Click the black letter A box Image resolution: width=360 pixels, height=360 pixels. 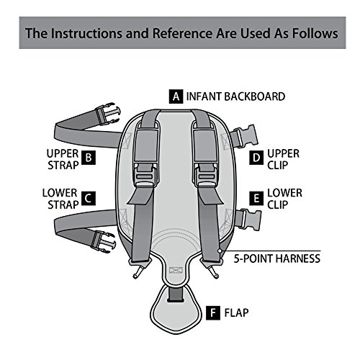click(176, 96)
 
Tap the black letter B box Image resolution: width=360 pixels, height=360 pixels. click(89, 158)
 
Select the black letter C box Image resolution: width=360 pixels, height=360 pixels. click(89, 199)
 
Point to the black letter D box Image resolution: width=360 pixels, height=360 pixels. click(256, 158)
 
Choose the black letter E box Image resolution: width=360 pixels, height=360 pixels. click(256, 199)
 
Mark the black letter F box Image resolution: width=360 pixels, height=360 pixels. click(213, 312)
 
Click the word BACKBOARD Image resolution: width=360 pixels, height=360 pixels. click(254, 96)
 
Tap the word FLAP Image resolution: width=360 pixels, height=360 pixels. click(236, 312)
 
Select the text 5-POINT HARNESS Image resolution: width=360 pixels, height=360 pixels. click(277, 258)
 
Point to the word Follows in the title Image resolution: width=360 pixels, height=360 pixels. click(315, 33)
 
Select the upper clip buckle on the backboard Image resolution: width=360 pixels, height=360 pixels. click(245, 137)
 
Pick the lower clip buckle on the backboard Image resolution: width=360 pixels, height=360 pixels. click(251, 220)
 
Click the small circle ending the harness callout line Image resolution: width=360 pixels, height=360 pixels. click(220, 251)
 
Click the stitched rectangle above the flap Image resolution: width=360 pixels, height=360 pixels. click(176, 270)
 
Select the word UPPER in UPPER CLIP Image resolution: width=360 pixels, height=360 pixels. click(284, 153)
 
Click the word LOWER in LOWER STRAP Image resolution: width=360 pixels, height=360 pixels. click(60, 193)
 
